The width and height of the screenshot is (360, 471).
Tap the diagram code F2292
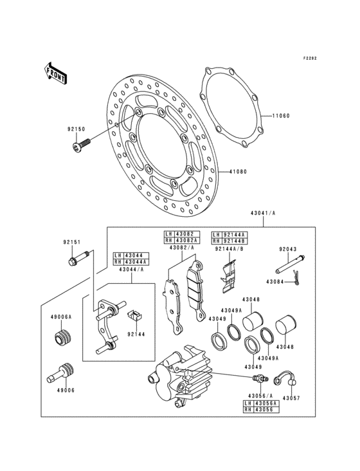(x=310, y=58)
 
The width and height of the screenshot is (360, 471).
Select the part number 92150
(x=76, y=129)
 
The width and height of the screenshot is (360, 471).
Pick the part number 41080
(x=239, y=172)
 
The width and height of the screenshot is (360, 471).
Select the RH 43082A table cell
(x=182, y=239)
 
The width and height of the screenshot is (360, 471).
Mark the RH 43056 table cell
(x=259, y=409)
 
